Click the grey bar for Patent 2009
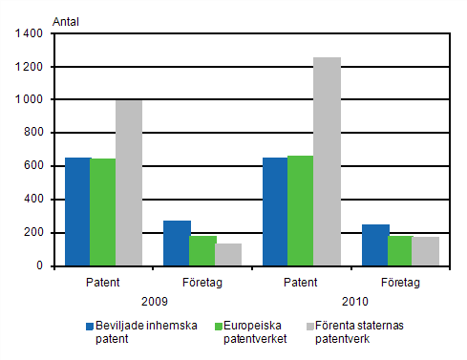click(129, 182)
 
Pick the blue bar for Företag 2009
click(177, 243)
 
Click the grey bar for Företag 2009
click(228, 254)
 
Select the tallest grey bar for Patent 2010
click(327, 161)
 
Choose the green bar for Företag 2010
click(400, 250)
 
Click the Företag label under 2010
click(400, 282)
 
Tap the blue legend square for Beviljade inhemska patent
click(90, 325)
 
